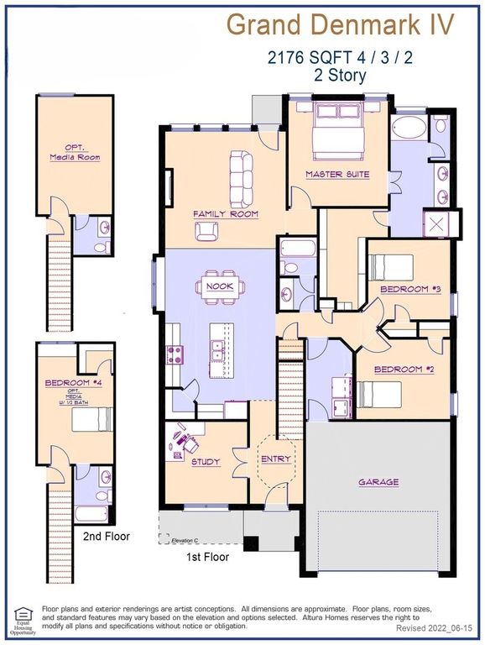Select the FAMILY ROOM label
226,214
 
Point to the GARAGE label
378,482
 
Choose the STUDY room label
205,461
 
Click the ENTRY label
276,459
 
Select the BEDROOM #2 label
399,370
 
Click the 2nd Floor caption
106,536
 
